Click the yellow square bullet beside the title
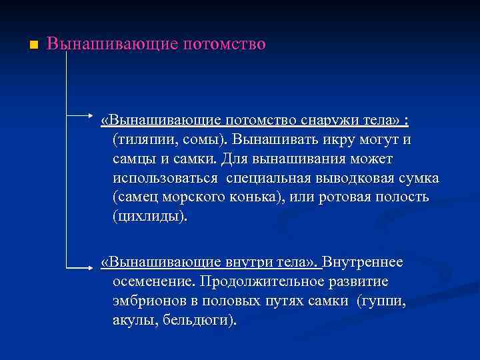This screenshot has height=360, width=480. pyautogui.click(x=33, y=45)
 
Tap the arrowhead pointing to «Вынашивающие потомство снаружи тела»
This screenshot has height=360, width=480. pyautogui.click(x=95, y=122)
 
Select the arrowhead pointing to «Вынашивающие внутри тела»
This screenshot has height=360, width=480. pyautogui.click(x=95, y=268)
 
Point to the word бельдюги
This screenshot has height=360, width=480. pyautogui.click(x=201, y=320)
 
